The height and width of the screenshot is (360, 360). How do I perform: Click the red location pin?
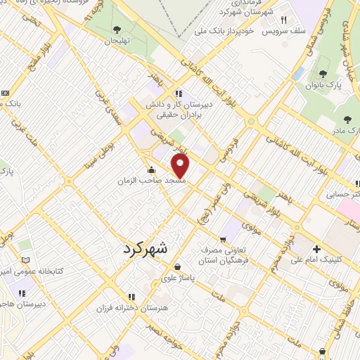click(x=181, y=167)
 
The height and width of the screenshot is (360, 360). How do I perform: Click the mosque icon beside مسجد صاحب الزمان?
click(x=151, y=169)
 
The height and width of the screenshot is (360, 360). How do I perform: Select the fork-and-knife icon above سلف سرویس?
click(x=284, y=20)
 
